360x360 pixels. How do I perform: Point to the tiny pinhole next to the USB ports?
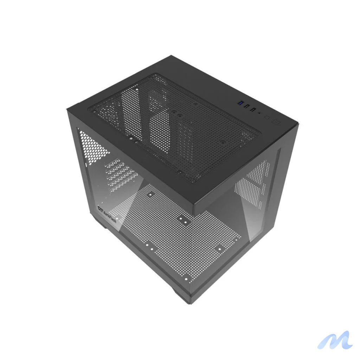tap(259, 113)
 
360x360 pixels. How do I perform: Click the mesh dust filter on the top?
tap(176, 127)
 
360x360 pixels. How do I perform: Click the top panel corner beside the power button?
tap(297, 124)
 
